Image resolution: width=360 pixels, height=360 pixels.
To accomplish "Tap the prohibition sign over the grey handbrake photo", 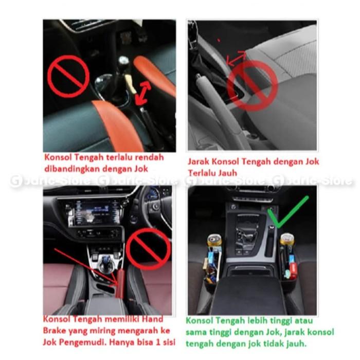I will coord(252,84).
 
